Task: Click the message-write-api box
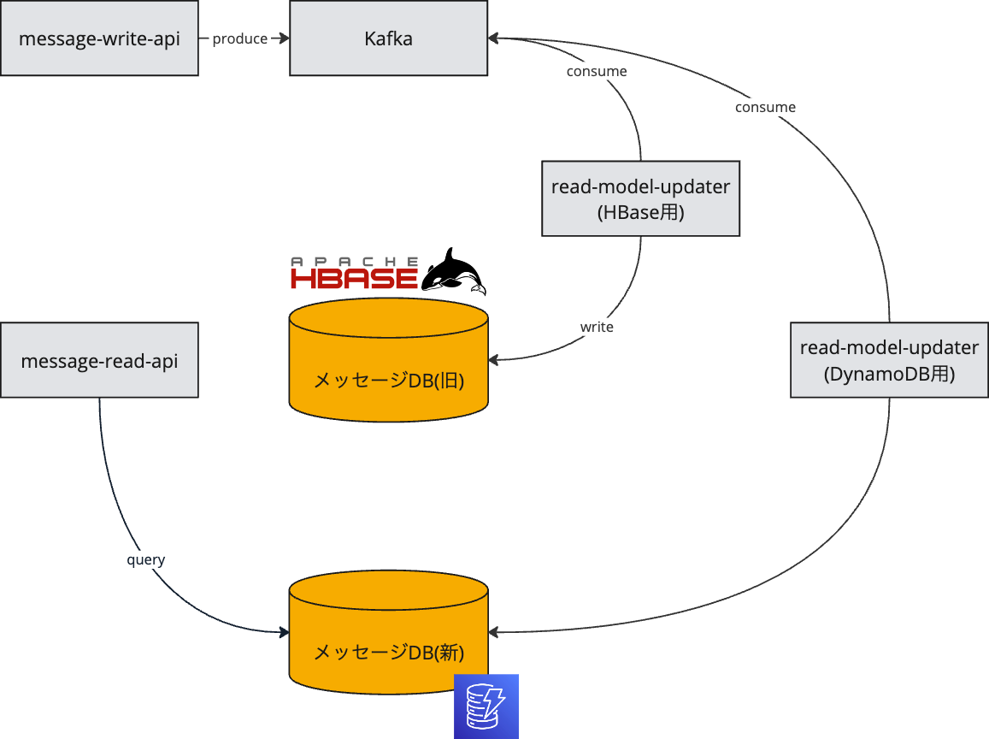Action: (100, 38)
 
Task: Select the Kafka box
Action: (389, 38)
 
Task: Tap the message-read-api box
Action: (100, 360)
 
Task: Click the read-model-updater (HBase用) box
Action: (641, 198)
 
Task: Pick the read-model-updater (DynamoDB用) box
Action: (889, 360)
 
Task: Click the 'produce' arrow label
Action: (239, 39)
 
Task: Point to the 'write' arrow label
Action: (597, 327)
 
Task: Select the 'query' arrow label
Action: (145, 559)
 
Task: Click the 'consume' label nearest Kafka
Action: (597, 71)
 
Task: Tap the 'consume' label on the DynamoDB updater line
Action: (765, 107)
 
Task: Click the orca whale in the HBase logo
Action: (454, 271)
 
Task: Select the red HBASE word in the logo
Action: (355, 278)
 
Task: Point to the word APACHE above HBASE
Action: (355, 261)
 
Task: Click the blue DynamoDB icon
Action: (486, 706)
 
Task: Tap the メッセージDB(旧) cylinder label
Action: (389, 381)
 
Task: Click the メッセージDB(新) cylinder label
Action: (389, 652)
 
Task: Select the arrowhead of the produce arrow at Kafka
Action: (285, 38)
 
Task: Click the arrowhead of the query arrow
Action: (285, 631)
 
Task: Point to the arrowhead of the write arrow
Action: (494, 360)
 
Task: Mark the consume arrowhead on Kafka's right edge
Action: (494, 38)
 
